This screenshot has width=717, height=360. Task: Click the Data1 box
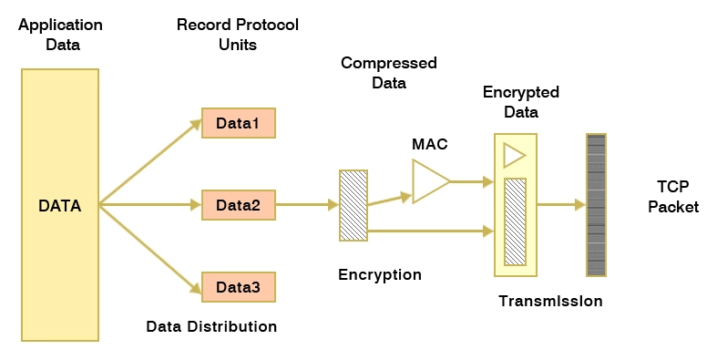pyautogui.click(x=238, y=123)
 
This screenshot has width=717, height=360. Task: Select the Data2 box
pyautogui.click(x=238, y=205)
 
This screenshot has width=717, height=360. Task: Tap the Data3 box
pyautogui.click(x=238, y=287)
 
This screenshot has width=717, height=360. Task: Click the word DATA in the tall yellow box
pyautogui.click(x=59, y=206)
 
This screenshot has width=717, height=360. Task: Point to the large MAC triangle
pyautogui.click(x=427, y=181)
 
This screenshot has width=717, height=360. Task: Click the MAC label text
pyautogui.click(x=430, y=144)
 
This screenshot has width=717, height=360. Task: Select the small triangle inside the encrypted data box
pyautogui.click(x=514, y=155)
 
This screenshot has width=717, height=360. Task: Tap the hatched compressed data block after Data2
pyautogui.click(x=353, y=205)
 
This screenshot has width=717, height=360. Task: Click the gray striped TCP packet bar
pyautogui.click(x=596, y=205)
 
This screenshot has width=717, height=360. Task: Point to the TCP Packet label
pyautogui.click(x=672, y=197)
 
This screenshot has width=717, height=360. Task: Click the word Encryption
pyautogui.click(x=380, y=274)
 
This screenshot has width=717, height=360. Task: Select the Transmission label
pyautogui.click(x=550, y=301)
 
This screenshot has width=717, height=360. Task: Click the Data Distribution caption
pyautogui.click(x=211, y=326)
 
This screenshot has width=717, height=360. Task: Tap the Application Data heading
pyautogui.click(x=60, y=33)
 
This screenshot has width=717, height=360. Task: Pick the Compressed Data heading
pyautogui.click(x=389, y=72)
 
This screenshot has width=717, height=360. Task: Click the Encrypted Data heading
pyautogui.click(x=521, y=102)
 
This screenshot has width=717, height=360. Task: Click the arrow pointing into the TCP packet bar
pyautogui.click(x=560, y=205)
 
